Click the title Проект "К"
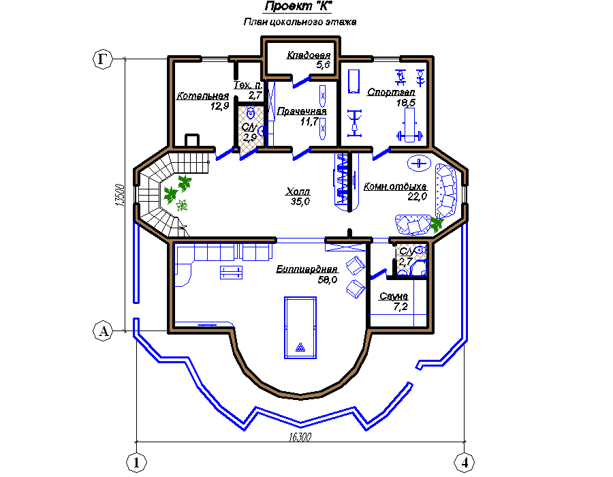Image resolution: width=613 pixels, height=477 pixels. [x=298, y=6]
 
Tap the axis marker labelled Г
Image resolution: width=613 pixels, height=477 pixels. [x=102, y=59]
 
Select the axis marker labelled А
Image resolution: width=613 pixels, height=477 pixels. [x=103, y=332]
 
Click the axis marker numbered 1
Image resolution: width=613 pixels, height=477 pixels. [x=136, y=463]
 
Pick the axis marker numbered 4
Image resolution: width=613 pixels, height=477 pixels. [x=465, y=463]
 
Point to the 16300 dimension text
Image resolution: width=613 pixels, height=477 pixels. [x=300, y=437]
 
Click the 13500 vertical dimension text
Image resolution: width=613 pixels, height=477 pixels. [x=120, y=195]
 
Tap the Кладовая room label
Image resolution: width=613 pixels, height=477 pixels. [x=309, y=55]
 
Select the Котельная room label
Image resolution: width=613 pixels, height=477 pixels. [x=202, y=96]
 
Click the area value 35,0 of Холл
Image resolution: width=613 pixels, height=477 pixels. [x=300, y=201]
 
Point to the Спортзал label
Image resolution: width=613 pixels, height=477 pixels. [x=391, y=93]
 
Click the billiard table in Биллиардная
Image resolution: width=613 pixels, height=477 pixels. [x=300, y=328]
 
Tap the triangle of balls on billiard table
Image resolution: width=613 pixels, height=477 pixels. [x=300, y=348]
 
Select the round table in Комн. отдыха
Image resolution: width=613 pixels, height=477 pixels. [x=419, y=163]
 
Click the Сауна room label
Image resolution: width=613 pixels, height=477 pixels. [x=393, y=296]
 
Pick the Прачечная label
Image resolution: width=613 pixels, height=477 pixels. [x=302, y=112]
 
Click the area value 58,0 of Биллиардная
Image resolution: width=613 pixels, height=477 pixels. [x=327, y=280]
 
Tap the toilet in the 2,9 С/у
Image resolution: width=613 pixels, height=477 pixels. [x=251, y=112]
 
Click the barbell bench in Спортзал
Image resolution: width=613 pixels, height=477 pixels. [x=409, y=126]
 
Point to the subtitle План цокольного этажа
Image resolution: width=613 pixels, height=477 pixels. [x=300, y=22]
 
